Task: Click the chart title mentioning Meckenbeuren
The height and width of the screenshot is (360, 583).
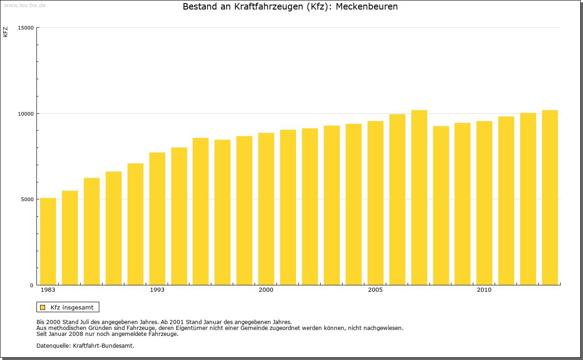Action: click(x=290, y=7)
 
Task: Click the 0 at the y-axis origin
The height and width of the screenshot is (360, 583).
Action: click(x=32, y=285)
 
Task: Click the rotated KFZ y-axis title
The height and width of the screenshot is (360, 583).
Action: click(x=5, y=32)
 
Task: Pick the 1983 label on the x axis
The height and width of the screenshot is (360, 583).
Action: click(x=48, y=290)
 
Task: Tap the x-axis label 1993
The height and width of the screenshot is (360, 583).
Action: click(x=157, y=290)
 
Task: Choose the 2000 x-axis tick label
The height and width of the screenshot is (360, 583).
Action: click(x=266, y=290)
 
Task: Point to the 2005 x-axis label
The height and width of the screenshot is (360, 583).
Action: click(x=375, y=290)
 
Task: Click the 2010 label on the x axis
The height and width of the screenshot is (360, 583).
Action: click(x=484, y=290)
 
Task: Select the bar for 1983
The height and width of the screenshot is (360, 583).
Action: click(x=48, y=241)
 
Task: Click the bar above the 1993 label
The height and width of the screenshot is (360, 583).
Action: click(x=157, y=218)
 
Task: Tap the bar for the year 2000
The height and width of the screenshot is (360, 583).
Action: click(x=266, y=209)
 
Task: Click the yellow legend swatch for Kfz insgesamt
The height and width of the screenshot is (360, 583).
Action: click(x=43, y=307)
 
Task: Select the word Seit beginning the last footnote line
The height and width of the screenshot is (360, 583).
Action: click(x=42, y=334)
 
